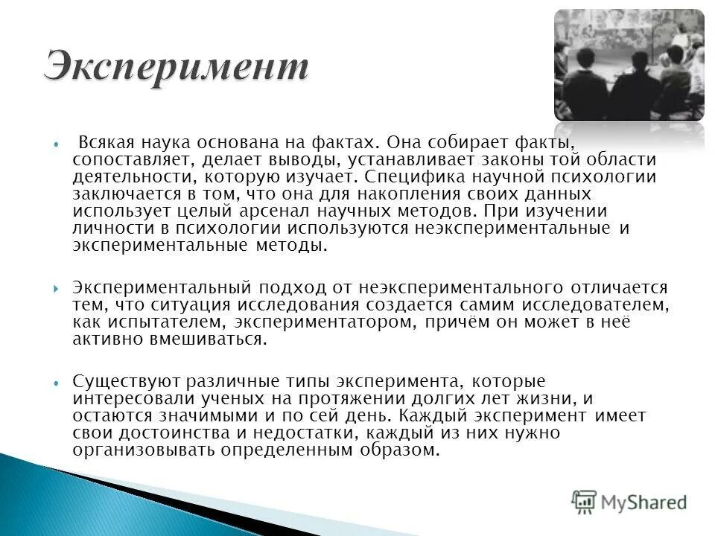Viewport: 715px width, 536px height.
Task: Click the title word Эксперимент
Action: click(x=176, y=66)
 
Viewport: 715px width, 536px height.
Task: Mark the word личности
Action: click(x=104, y=229)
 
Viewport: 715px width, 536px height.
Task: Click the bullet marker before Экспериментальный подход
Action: click(x=57, y=287)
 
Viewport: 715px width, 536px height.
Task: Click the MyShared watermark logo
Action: click(x=629, y=501)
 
